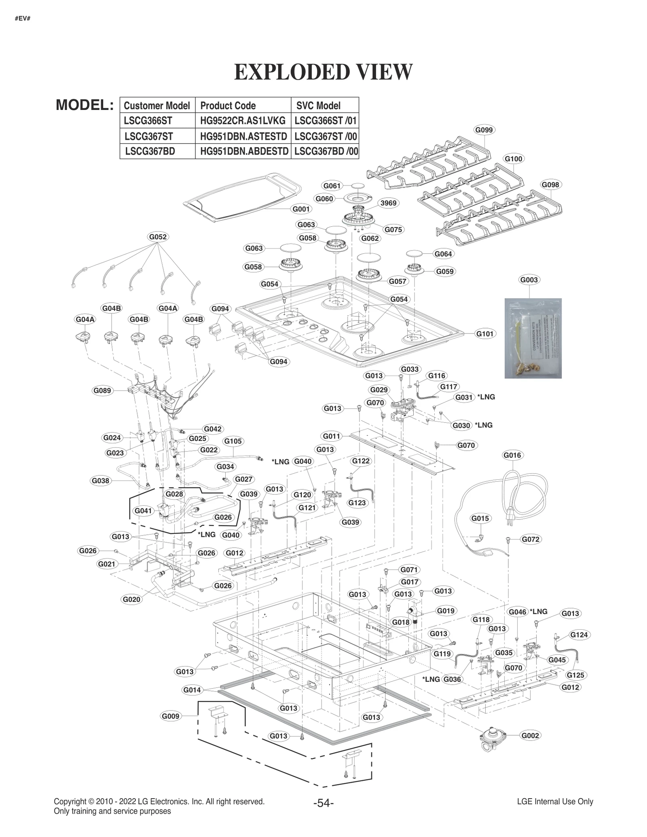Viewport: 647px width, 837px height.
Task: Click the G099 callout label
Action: pyautogui.click(x=484, y=130)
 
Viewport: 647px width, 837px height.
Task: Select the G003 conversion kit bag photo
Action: pyautogui.click(x=533, y=338)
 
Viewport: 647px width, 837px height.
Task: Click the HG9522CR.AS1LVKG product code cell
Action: pyautogui.click(x=243, y=120)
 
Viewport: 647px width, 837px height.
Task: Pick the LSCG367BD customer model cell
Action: pyautogui.click(x=150, y=151)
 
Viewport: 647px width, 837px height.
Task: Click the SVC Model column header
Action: pyautogui.click(x=318, y=105)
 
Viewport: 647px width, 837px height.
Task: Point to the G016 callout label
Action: pyautogui.click(x=512, y=455)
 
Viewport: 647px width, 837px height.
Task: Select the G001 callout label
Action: pyautogui.click(x=301, y=209)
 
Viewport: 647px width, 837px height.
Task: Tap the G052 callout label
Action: pyautogui.click(x=158, y=236)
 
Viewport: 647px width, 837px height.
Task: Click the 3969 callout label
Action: pyautogui.click(x=388, y=203)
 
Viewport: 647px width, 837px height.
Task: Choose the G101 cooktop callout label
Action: pyautogui.click(x=484, y=333)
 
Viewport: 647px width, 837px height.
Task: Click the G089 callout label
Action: pyautogui.click(x=102, y=390)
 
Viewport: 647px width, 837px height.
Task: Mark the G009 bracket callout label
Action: pyautogui.click(x=170, y=716)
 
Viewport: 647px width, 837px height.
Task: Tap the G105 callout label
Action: pyautogui.click(x=233, y=441)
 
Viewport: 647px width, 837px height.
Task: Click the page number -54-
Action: pyautogui.click(x=323, y=803)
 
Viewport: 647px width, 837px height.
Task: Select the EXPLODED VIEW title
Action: pyautogui.click(x=323, y=72)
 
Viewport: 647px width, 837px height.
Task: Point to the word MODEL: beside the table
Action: pyautogui.click(x=85, y=105)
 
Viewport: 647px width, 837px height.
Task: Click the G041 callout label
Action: pyautogui.click(x=143, y=510)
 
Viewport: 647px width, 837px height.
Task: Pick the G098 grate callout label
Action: pyautogui.click(x=550, y=185)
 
